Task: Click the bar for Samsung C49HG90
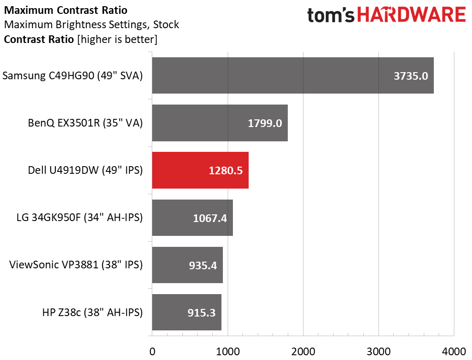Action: coord(293,75)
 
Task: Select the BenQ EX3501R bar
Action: coord(220,123)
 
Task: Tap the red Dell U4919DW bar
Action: coord(200,170)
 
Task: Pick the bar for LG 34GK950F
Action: coord(192,218)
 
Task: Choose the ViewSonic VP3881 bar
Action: coord(188,265)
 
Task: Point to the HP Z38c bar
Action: coord(187,312)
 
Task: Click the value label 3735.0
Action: coord(411,76)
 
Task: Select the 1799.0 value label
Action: coord(265,123)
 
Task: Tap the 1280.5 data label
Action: coord(226,171)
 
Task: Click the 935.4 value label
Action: coord(203,265)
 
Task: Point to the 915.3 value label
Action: coord(202,313)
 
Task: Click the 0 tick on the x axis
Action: coord(152,351)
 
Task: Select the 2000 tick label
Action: coord(303,351)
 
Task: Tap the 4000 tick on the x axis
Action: coord(454,351)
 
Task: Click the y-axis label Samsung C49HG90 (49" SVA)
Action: coord(73,75)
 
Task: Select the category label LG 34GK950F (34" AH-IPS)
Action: coord(80,217)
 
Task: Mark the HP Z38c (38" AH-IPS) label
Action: coord(93,312)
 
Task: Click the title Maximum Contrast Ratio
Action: coord(66,10)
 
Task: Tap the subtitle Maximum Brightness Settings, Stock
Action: coord(92,25)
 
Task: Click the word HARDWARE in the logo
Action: coord(411,15)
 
